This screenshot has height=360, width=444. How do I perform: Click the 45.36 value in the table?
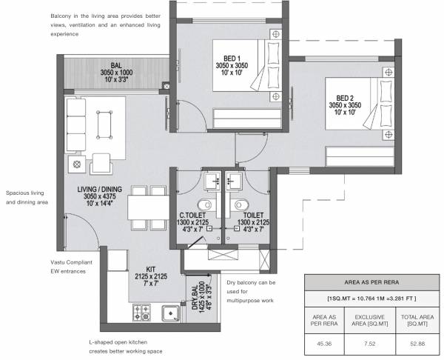pos(325,343)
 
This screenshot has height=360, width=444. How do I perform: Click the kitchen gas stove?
pos(142,314)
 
